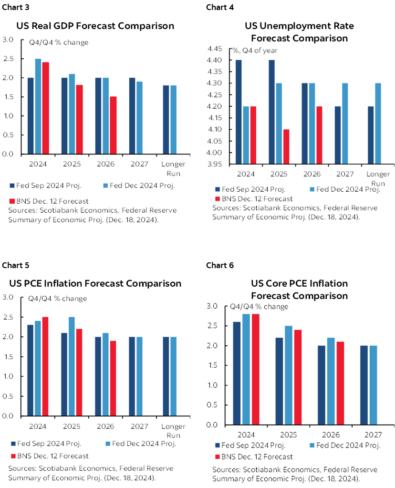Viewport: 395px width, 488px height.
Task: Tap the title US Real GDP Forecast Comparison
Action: point(95,26)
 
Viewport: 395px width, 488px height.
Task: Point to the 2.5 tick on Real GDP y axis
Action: point(9,59)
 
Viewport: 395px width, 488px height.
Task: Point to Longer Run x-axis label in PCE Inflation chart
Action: point(173,430)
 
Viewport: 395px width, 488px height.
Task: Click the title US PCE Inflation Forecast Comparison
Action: point(95,283)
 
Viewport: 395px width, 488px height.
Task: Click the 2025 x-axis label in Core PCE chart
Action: point(289,435)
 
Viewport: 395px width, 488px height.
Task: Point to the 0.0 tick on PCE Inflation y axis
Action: point(9,416)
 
